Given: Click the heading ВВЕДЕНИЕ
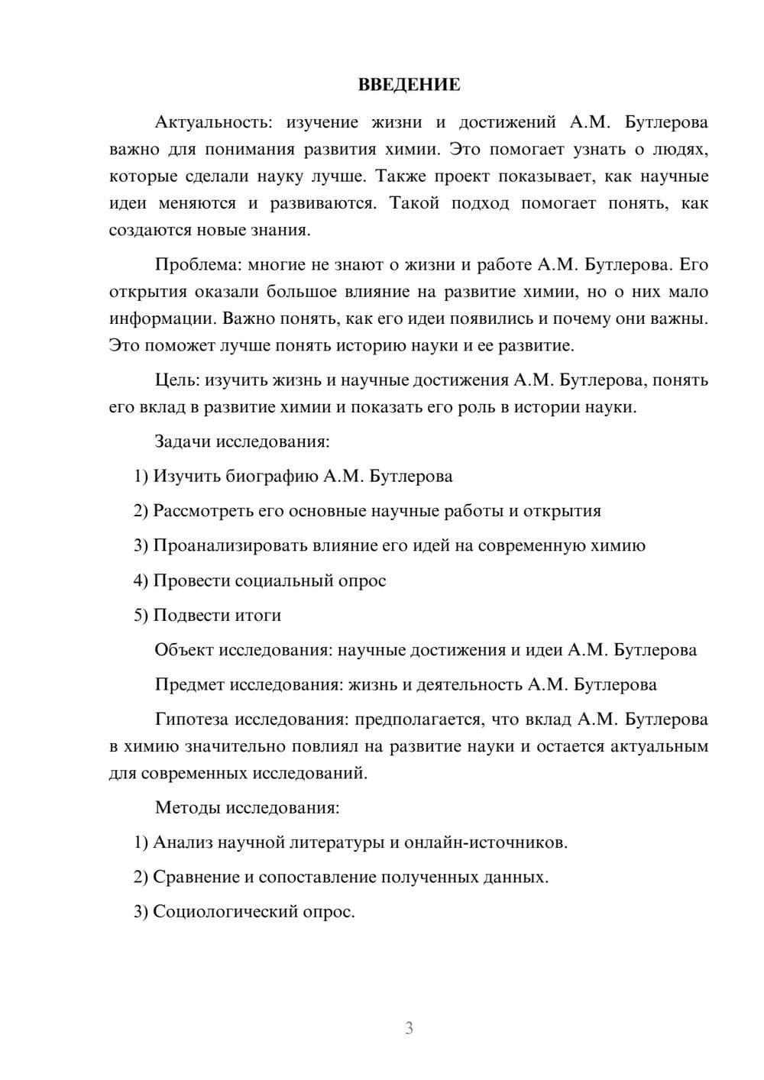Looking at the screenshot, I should pyautogui.click(x=409, y=85).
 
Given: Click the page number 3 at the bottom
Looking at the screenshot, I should pyautogui.click(x=409, y=1028).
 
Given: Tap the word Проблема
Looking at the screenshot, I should pyautogui.click(x=196, y=264).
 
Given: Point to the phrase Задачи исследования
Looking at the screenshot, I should pyautogui.click(x=241, y=441).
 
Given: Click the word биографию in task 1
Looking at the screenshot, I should pyautogui.click(x=272, y=476).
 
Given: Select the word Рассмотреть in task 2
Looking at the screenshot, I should pyautogui.click(x=202, y=511).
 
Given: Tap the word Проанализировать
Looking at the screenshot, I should pyautogui.click(x=230, y=545).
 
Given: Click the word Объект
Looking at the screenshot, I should pyautogui.click(x=184, y=650).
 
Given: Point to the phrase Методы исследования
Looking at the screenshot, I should pyautogui.click(x=246, y=807).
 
